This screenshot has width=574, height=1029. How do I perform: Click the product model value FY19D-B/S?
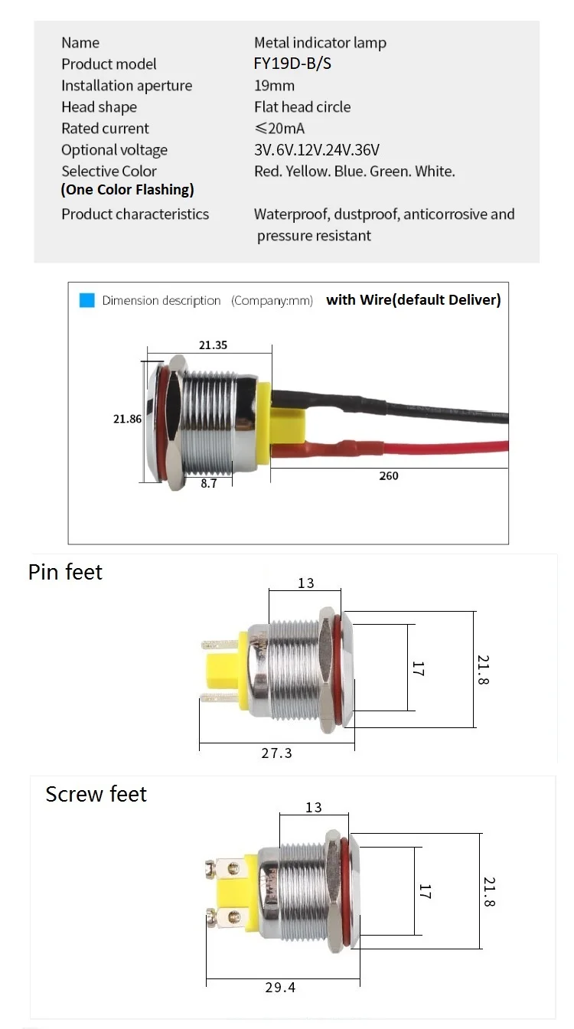pyautogui.click(x=292, y=64)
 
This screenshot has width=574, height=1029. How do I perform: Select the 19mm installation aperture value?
pyautogui.click(x=274, y=86)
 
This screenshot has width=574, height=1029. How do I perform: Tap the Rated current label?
pyautogui.click(x=105, y=129)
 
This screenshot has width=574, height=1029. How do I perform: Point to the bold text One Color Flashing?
pyautogui.click(x=128, y=189)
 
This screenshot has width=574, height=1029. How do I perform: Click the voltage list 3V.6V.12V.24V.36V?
pyautogui.click(x=317, y=150)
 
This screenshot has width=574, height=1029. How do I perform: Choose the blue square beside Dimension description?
pyautogui.click(x=86, y=300)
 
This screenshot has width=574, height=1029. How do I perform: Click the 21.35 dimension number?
pyautogui.click(x=213, y=345)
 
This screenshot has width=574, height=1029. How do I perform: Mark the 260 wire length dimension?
pyautogui.click(x=389, y=476)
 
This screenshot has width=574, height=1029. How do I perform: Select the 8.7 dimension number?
pyautogui.click(x=209, y=484)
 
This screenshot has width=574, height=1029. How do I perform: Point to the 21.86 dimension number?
pyautogui.click(x=127, y=419)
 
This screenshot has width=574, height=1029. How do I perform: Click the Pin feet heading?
pyautogui.click(x=65, y=572)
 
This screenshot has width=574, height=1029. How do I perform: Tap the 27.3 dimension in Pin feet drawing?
pyautogui.click(x=276, y=753)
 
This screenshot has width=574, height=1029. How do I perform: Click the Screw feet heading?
pyautogui.click(x=96, y=794)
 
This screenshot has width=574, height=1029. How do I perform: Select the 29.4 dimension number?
pyautogui.click(x=280, y=988)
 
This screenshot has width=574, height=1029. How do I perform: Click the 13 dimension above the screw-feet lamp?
pyautogui.click(x=314, y=808)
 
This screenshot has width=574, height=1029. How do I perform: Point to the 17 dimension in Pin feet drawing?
pyautogui.click(x=418, y=668)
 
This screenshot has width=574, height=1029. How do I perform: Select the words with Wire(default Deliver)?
pyautogui.click(x=413, y=300)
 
